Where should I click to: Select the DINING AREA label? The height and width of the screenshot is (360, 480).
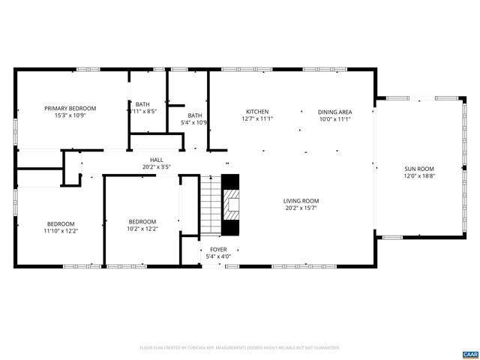(335, 112)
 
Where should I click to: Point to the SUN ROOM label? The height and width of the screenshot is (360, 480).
(420, 169)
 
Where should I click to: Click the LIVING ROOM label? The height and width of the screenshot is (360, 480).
(301, 200)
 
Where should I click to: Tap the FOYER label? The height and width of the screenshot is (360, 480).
(217, 249)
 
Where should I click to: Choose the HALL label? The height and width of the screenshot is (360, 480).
(157, 160)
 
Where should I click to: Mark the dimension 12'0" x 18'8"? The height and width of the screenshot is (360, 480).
(420, 176)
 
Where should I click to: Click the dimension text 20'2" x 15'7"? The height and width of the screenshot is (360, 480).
(301, 208)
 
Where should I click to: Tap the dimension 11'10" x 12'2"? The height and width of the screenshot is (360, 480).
(61, 231)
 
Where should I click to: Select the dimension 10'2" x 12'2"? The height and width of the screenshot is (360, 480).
(142, 229)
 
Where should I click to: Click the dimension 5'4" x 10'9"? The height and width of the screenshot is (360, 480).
(194, 122)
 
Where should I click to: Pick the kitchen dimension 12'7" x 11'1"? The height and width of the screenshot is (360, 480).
(257, 118)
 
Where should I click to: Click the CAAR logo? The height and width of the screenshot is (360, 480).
(469, 353)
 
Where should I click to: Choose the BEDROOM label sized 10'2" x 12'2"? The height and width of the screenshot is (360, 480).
(142, 221)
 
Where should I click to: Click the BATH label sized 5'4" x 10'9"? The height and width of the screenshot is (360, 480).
(194, 115)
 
